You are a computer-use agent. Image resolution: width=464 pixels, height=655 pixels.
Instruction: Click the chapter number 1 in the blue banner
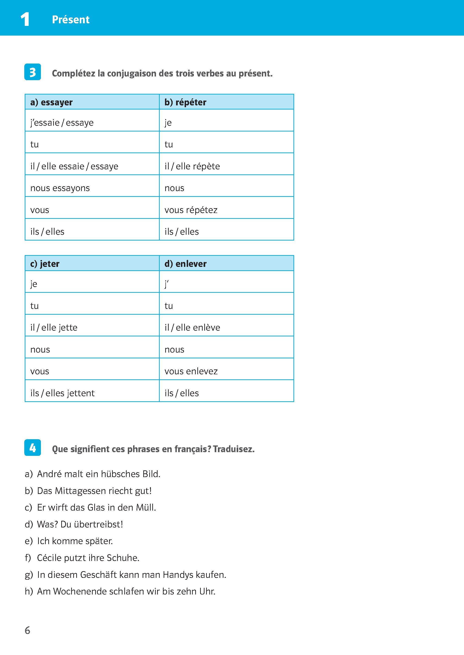[x=25, y=19]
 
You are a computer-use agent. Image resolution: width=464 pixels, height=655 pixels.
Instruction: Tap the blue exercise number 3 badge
[x=33, y=72]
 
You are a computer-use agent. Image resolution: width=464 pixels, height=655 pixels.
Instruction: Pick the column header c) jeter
[x=45, y=263]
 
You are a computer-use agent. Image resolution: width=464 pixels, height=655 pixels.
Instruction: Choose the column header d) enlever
[x=185, y=263]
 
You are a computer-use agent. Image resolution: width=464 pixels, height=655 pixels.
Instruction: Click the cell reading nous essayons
[x=60, y=188]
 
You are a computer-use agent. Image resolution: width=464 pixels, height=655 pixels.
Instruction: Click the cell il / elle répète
[x=192, y=166]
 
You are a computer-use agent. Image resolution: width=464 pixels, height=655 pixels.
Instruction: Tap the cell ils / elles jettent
[x=62, y=393]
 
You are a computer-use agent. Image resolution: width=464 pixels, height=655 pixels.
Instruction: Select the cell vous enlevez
[x=191, y=371]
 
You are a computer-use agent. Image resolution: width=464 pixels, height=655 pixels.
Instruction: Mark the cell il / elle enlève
[x=192, y=327]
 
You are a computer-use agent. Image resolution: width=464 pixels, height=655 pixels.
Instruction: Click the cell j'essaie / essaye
[x=62, y=122]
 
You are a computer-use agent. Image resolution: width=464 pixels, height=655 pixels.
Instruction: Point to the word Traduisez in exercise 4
[x=233, y=449]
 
